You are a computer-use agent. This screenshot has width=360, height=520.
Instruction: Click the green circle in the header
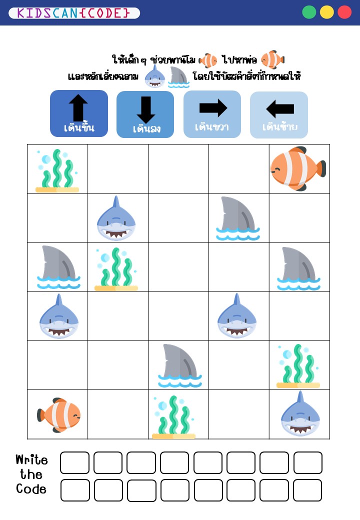309,12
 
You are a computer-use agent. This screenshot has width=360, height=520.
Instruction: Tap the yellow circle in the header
327,12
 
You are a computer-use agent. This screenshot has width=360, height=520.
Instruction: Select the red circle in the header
344,12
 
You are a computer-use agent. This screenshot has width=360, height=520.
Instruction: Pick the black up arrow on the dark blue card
78,107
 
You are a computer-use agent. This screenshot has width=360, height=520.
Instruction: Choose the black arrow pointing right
213,107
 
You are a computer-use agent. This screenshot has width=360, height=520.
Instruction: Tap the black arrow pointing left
280,108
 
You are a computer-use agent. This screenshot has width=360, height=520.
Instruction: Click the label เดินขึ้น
79,128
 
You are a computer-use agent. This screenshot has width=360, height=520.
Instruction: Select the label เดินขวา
212,127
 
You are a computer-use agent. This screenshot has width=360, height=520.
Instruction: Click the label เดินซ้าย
280,127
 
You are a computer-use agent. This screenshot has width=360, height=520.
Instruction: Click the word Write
31,460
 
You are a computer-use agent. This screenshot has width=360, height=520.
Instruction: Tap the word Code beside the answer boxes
31,489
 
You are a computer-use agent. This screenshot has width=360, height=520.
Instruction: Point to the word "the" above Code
31,474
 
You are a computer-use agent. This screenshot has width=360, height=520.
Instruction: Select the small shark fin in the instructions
178,77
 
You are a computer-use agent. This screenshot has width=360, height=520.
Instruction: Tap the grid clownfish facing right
59,414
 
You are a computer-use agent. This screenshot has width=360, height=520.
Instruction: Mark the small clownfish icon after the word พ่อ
272,60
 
